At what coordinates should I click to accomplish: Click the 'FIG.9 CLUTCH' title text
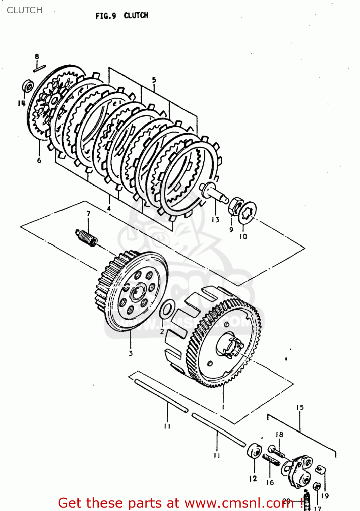pos(122,16)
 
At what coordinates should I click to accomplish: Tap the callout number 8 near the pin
pos(37,57)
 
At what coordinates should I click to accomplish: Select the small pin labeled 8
pos(40,68)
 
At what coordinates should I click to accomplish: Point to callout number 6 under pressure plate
pos(39,160)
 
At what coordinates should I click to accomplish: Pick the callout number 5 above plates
pos(154,80)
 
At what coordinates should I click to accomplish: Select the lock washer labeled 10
pos(248,213)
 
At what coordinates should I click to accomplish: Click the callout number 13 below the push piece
pos(216,220)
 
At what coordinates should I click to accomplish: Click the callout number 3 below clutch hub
pos(131,353)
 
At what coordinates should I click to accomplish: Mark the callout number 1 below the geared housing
pos(223,407)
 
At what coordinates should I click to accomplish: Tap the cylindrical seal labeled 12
pos(254,452)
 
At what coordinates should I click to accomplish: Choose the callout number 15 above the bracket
pos(300,407)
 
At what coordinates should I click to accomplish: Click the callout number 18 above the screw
pos(279,434)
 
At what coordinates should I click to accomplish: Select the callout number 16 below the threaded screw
pos(270,482)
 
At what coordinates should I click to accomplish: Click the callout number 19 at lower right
pos(325,496)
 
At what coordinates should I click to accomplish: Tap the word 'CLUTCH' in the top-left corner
pos(25,10)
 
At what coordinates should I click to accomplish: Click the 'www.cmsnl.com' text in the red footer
pos(234,503)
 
